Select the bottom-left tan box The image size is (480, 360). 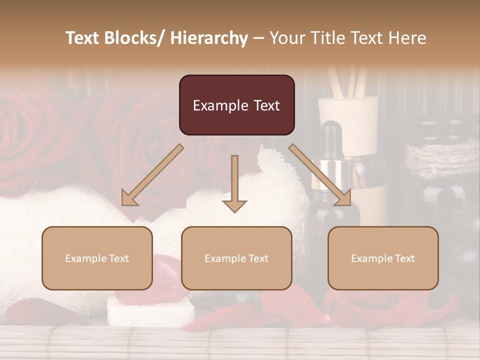tap(97, 258)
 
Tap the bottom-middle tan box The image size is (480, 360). tap(236, 258)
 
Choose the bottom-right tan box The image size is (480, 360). tap(383, 258)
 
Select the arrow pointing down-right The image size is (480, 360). tap(320, 175)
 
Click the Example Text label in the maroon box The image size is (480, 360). tap(236, 105)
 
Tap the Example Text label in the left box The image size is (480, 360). tap(97, 258)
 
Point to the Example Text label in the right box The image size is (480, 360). tap(383, 258)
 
